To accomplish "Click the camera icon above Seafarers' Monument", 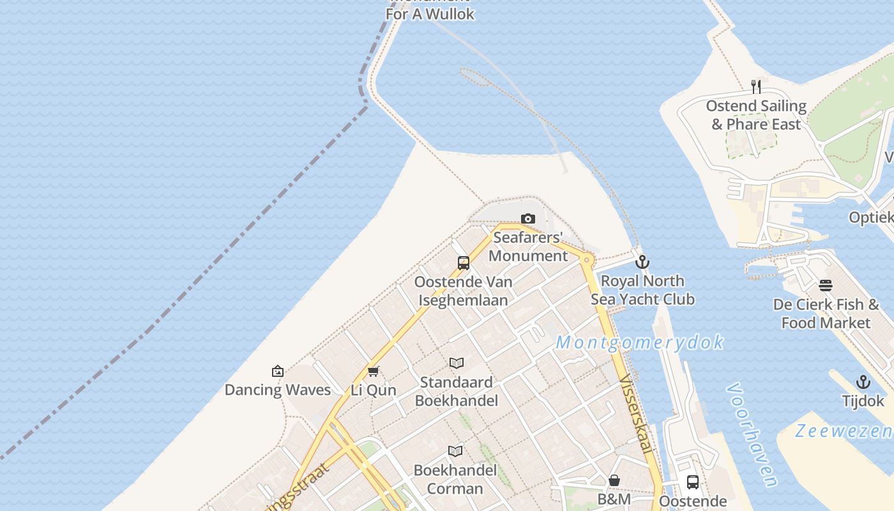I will (x=528, y=219).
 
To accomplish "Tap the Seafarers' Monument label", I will (x=528, y=247).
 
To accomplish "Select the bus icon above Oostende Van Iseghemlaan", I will (x=464, y=263).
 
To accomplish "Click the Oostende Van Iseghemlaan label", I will (x=463, y=291).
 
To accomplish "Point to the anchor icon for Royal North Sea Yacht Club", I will (x=642, y=262).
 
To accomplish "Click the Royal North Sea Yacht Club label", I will (x=642, y=290).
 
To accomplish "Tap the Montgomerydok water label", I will (x=640, y=342).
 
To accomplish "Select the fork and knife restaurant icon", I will (x=756, y=87).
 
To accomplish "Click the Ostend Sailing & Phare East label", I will (x=756, y=115).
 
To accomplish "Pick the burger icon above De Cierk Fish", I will (x=826, y=286).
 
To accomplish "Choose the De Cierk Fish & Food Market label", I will (x=826, y=314).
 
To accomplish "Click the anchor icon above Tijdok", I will (x=863, y=382).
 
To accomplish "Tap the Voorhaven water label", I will (x=753, y=434).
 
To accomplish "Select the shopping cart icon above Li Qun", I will (x=374, y=371).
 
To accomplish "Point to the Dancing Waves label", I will (x=278, y=390).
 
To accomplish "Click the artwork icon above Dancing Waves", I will (x=278, y=370).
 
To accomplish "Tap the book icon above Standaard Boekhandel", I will (x=456, y=363).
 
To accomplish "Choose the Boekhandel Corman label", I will (x=455, y=480).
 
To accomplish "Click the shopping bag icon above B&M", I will (x=614, y=480).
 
